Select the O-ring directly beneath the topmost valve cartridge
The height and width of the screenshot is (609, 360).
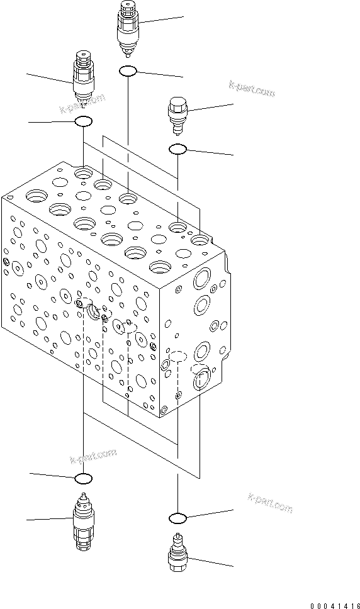(128, 72)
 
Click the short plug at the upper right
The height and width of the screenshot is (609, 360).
(177, 114)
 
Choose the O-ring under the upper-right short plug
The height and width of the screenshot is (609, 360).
(177, 149)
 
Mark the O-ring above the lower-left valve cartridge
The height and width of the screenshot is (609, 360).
(84, 479)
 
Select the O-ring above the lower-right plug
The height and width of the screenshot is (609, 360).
(178, 518)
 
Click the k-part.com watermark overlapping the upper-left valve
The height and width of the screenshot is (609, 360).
(83, 104)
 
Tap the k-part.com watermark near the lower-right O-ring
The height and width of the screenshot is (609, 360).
(271, 501)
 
